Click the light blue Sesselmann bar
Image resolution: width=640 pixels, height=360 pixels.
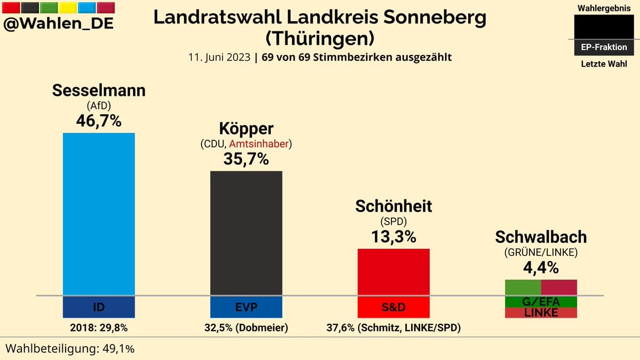(99, 213)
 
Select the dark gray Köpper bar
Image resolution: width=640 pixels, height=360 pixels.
(246, 233)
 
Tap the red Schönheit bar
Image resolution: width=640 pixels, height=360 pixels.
(393, 271)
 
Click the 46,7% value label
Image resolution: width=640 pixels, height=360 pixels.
(99, 121)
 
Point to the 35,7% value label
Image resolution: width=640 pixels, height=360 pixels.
(246, 158)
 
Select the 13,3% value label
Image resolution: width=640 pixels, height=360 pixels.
(394, 236)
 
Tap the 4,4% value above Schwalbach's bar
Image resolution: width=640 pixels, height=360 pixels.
(541, 267)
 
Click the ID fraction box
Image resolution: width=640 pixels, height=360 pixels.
(99, 307)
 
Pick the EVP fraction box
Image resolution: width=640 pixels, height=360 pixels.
(246, 307)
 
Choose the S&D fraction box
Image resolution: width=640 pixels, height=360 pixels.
(393, 307)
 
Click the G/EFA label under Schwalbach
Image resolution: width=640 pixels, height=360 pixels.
(541, 302)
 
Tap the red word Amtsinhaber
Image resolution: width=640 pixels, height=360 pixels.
(259, 143)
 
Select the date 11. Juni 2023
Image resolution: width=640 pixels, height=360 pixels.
(219, 57)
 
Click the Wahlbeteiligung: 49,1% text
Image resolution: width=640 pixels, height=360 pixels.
(70, 348)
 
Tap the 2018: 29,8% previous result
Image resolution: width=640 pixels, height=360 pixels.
(99, 327)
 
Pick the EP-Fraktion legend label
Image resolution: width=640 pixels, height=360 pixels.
(604, 47)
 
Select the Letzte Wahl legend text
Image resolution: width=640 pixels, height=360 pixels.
(604, 65)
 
